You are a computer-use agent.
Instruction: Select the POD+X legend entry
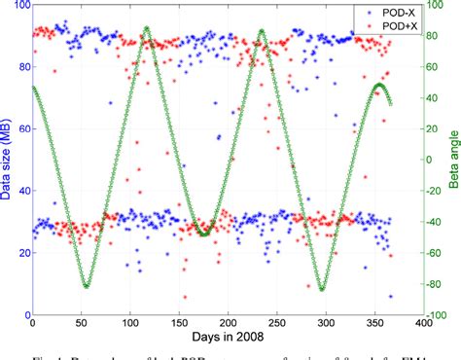368,25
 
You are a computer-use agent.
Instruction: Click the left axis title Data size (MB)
8,161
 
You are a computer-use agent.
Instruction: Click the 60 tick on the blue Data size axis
23,129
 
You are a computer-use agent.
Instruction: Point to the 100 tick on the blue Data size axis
20,6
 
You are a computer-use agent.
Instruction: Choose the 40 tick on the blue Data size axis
23,192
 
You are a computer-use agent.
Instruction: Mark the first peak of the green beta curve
146,29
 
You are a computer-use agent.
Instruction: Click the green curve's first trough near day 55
87,286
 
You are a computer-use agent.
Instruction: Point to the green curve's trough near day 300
321,289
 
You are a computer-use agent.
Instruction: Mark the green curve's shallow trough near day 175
203,234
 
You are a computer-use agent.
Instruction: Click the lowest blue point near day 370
391,296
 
